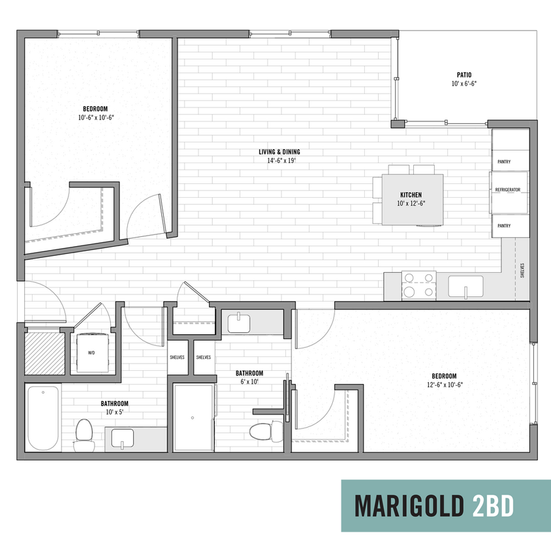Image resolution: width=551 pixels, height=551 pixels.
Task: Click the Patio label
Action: click(x=465, y=74)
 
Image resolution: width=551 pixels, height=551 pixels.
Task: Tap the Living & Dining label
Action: click(x=279, y=151)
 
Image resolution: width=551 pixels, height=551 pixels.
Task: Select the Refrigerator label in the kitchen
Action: click(x=507, y=189)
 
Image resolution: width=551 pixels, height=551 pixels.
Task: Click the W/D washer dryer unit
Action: click(x=91, y=353)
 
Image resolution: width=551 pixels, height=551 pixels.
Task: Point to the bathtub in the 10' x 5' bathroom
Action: click(x=44, y=418)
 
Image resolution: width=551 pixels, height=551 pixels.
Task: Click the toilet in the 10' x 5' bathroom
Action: click(x=84, y=433)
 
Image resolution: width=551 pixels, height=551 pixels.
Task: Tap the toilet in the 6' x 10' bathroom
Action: click(x=264, y=432)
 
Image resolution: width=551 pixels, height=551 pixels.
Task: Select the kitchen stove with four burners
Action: click(x=418, y=285)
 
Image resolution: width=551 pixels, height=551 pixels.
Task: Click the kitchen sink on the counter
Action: click(x=465, y=285)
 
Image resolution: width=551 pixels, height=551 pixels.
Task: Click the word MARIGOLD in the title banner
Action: click(x=407, y=505)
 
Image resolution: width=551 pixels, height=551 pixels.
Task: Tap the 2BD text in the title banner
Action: click(x=491, y=505)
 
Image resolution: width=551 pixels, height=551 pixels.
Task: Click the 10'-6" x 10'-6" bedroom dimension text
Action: click(x=96, y=118)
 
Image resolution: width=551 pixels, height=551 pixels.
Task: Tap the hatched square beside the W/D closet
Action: click(x=44, y=353)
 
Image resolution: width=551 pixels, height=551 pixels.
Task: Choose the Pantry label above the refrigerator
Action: click(x=503, y=161)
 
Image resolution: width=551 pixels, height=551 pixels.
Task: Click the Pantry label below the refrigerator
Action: click(x=503, y=225)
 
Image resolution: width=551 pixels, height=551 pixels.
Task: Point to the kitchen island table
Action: click(x=412, y=199)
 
